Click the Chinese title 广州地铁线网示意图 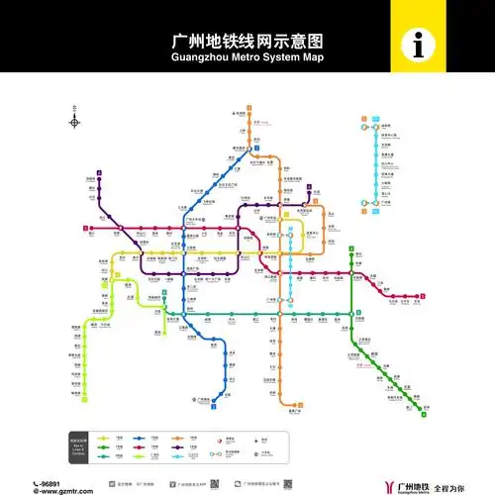pyautogui.click(x=248, y=43)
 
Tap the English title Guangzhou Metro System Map pyautogui.click(x=248, y=57)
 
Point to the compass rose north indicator pyautogui.click(x=74, y=121)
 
